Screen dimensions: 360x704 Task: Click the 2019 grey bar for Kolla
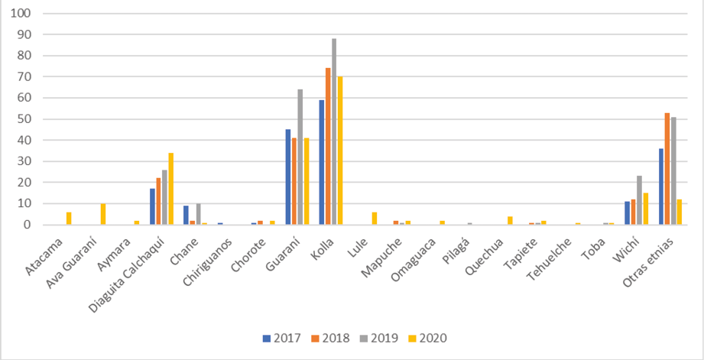334,131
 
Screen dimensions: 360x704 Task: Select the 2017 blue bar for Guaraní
287,177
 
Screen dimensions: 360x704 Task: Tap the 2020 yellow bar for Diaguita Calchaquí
170,189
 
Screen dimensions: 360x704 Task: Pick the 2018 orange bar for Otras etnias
667,169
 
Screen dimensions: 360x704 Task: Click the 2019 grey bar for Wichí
639,200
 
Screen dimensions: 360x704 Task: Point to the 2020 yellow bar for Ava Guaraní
102,214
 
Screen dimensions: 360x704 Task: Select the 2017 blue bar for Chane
186,215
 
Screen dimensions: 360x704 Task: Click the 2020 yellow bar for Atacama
69,219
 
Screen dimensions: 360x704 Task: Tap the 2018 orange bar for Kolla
328,146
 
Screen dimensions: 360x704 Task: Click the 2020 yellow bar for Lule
375,219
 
